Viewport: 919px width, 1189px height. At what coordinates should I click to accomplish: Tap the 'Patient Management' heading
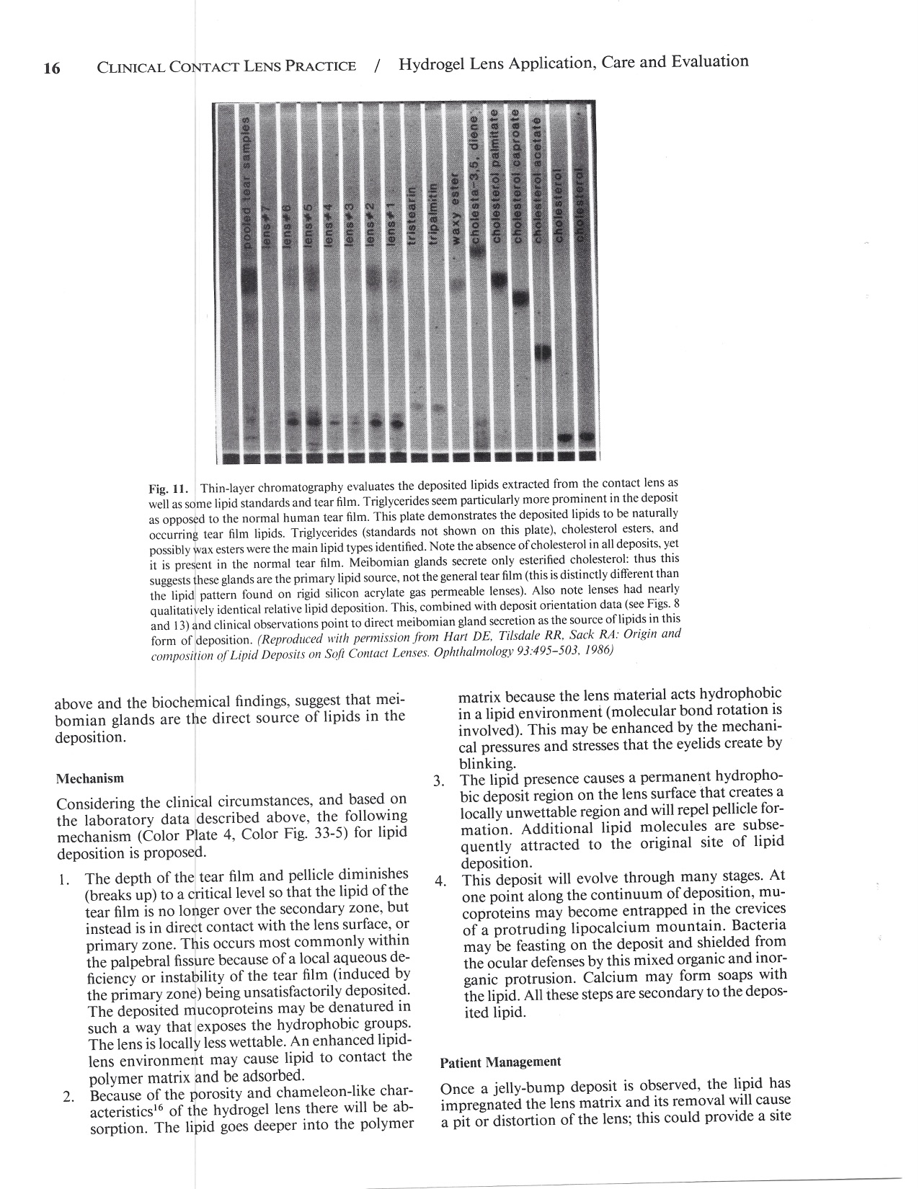[x=500, y=1062]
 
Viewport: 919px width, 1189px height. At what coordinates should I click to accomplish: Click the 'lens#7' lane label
[x=267, y=223]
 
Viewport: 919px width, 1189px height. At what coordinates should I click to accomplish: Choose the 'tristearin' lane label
[x=413, y=218]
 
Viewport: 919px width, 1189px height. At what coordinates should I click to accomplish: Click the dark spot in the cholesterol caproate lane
[x=520, y=297]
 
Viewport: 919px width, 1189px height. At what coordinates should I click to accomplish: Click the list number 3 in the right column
[x=438, y=781]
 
